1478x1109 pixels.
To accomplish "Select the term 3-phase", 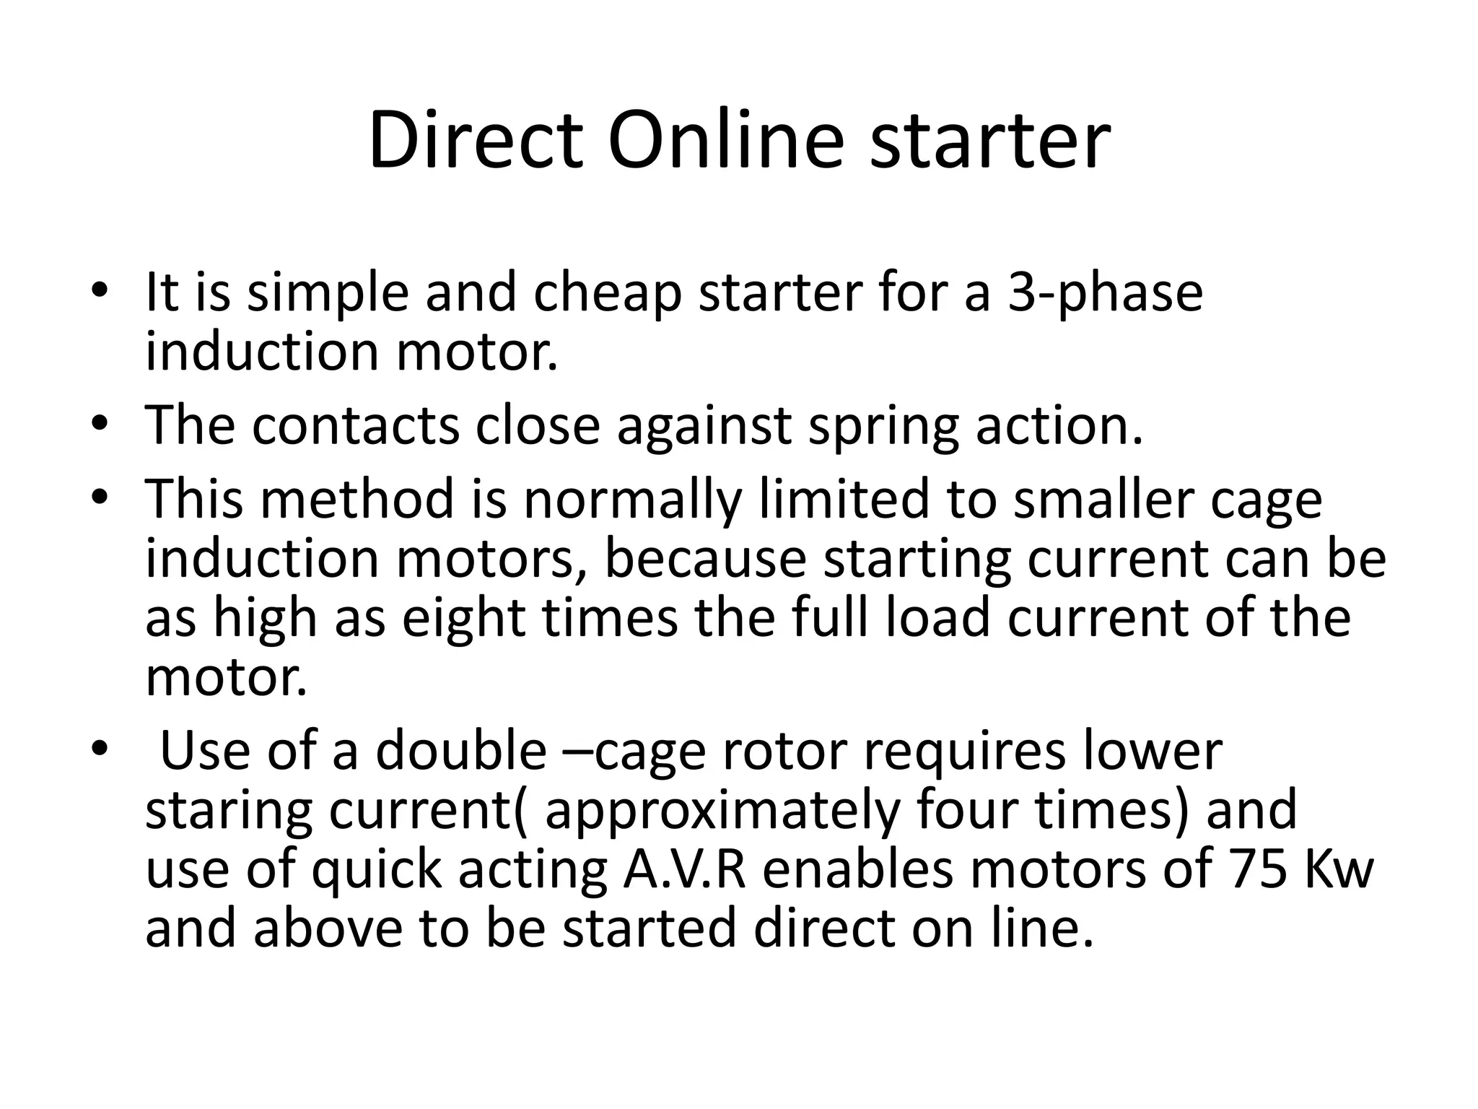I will tap(1105, 294).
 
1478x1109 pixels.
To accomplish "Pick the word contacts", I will tap(355, 426).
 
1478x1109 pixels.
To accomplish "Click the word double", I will tap(460, 751).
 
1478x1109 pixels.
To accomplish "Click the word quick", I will tap(376, 871).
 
